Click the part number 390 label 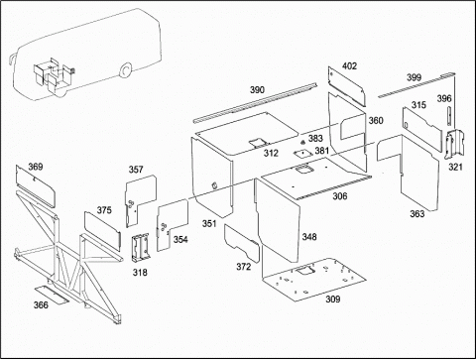tap(257, 90)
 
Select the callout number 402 tap(349, 66)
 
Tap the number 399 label tap(414, 77)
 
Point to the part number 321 tap(455, 167)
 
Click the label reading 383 tap(315, 138)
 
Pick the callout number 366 tap(41, 304)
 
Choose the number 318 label tap(140, 273)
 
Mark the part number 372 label tap(243, 267)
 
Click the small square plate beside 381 tap(303, 154)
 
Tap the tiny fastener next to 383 tap(302, 142)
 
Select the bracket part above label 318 tap(141, 247)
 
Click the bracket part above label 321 tap(454, 145)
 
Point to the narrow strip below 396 tap(449, 116)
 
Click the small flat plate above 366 tap(52, 295)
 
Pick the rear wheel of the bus tap(126, 70)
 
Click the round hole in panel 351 tap(214, 185)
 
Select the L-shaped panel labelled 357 tap(140, 199)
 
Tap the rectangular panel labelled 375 tap(102, 229)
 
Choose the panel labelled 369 tap(36, 186)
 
